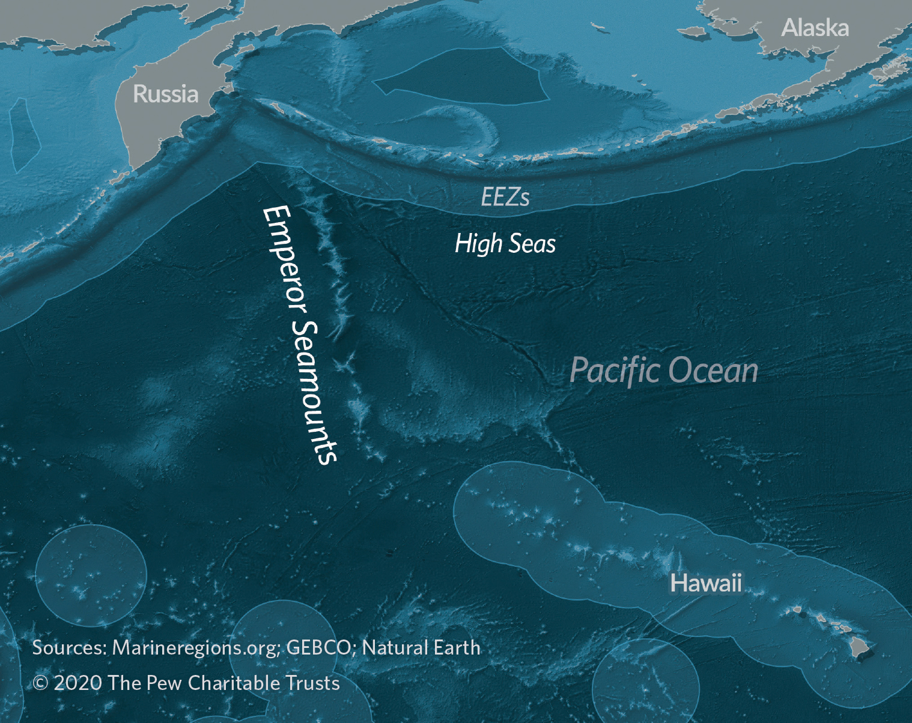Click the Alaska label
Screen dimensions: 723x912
pyautogui.click(x=815, y=28)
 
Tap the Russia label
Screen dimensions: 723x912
pyautogui.click(x=165, y=94)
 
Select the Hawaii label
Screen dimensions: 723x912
pyautogui.click(x=706, y=583)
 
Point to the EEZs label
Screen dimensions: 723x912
pyautogui.click(x=505, y=197)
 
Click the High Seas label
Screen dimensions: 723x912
pyautogui.click(x=505, y=243)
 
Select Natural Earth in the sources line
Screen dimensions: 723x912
pyautogui.click(x=421, y=647)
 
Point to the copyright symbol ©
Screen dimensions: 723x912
pyautogui.click(x=40, y=683)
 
